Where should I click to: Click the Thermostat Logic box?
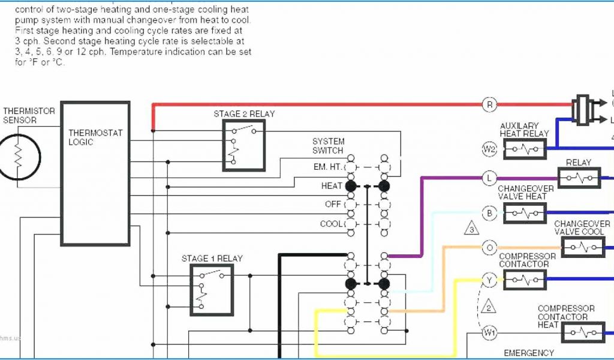tap(95, 174)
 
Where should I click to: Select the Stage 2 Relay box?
tap(244, 145)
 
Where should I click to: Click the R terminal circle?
tap(490, 105)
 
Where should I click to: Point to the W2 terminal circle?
tap(490, 149)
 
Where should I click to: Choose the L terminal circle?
tap(490, 178)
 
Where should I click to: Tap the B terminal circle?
tap(490, 213)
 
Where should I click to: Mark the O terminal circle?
tap(490, 247)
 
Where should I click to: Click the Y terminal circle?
tap(490, 280)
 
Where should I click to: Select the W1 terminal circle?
tap(490, 332)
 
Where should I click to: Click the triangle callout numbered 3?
tap(472, 229)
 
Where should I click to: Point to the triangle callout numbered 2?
tap(489, 307)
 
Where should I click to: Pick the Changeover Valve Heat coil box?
tap(525, 213)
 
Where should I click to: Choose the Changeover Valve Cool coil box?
tap(582, 247)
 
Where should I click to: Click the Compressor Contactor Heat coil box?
tap(582, 332)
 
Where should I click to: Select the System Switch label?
tap(328, 146)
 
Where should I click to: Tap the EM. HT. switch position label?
tap(327, 167)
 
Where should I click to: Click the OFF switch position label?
tap(333, 204)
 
